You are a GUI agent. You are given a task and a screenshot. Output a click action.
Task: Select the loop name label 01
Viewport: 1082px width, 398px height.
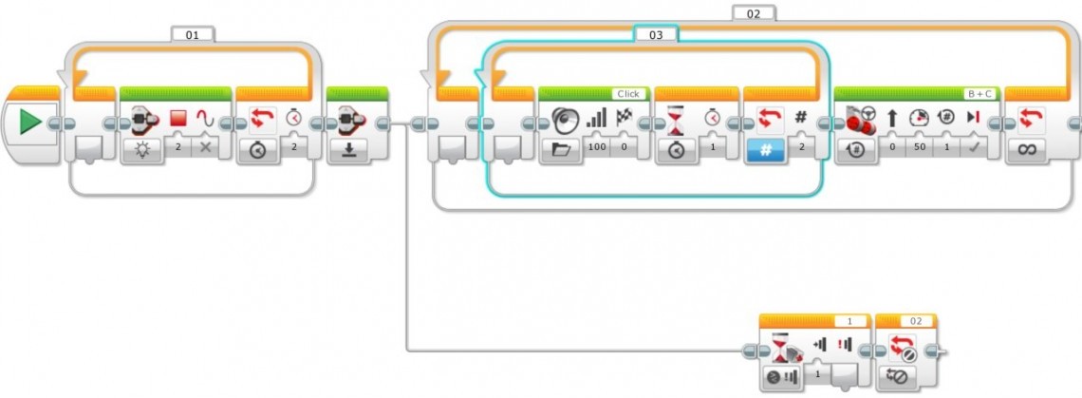click(193, 34)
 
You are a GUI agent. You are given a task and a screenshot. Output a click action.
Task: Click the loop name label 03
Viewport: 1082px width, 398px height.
click(656, 34)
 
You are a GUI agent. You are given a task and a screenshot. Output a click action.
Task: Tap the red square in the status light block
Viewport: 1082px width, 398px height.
click(177, 120)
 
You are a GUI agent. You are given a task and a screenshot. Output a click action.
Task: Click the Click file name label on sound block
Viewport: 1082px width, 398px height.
click(628, 94)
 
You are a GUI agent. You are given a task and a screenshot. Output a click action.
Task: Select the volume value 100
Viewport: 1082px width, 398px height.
click(596, 148)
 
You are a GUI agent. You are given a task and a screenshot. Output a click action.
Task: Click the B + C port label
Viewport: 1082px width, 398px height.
click(980, 94)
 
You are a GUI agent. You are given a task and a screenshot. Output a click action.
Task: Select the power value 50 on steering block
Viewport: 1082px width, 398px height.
click(918, 148)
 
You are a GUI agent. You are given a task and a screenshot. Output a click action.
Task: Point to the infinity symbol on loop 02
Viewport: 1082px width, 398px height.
click(1027, 150)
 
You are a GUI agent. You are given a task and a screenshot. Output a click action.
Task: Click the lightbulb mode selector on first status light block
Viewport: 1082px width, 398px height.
click(140, 150)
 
